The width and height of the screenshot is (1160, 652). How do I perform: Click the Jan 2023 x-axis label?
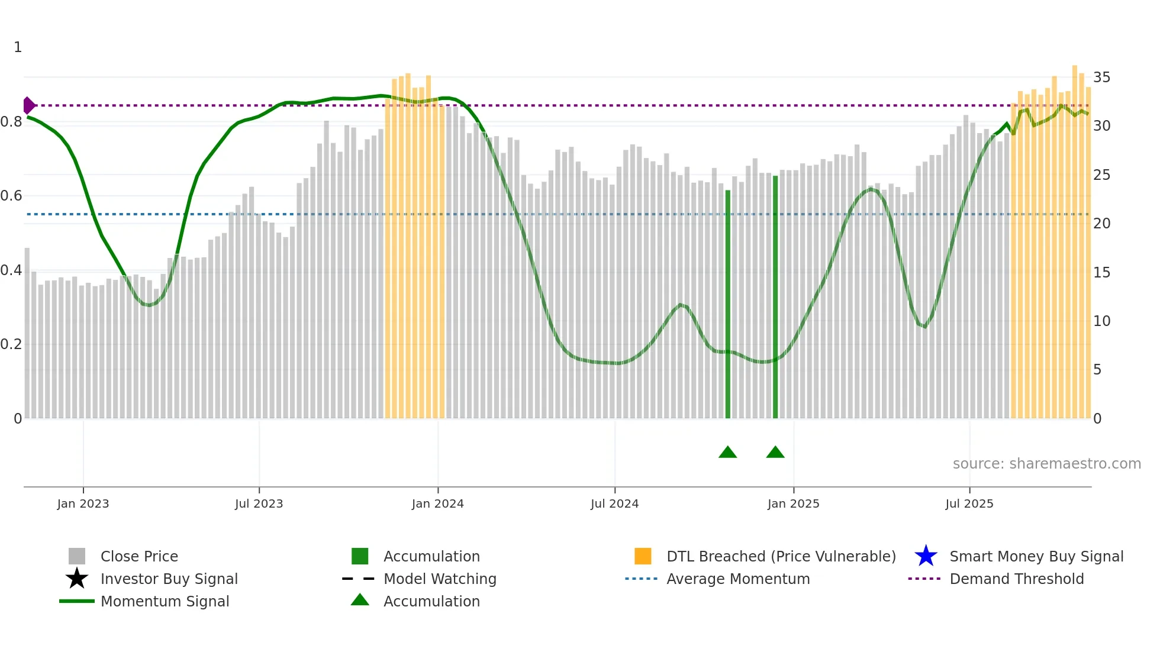(83, 504)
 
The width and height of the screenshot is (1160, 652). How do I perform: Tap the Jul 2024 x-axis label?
(614, 504)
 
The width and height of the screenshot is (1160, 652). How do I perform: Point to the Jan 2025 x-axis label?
(793, 504)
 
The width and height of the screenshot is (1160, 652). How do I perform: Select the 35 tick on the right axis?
(1101, 78)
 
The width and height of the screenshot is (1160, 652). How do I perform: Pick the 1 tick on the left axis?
(18, 47)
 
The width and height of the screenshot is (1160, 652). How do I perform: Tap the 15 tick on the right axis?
(1101, 273)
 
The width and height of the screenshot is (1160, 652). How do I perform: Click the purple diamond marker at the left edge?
(28, 105)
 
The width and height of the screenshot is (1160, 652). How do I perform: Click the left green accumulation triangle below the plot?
(727, 453)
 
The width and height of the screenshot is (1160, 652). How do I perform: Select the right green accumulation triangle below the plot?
(775, 453)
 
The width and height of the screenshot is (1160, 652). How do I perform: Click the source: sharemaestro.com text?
(1046, 464)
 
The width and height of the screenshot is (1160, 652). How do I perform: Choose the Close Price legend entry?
(139, 557)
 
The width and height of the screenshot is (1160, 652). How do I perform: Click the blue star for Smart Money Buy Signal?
(926, 556)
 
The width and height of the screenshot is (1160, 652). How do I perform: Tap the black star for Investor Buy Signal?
(77, 579)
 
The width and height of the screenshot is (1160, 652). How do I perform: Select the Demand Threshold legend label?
(1016, 579)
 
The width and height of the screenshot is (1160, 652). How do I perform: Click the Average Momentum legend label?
(738, 579)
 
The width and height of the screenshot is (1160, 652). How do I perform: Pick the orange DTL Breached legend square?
(643, 556)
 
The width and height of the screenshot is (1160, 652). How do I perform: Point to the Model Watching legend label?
(440, 579)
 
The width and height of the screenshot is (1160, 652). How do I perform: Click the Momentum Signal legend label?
(165, 602)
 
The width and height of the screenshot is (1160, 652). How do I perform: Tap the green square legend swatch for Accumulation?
(360, 556)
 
